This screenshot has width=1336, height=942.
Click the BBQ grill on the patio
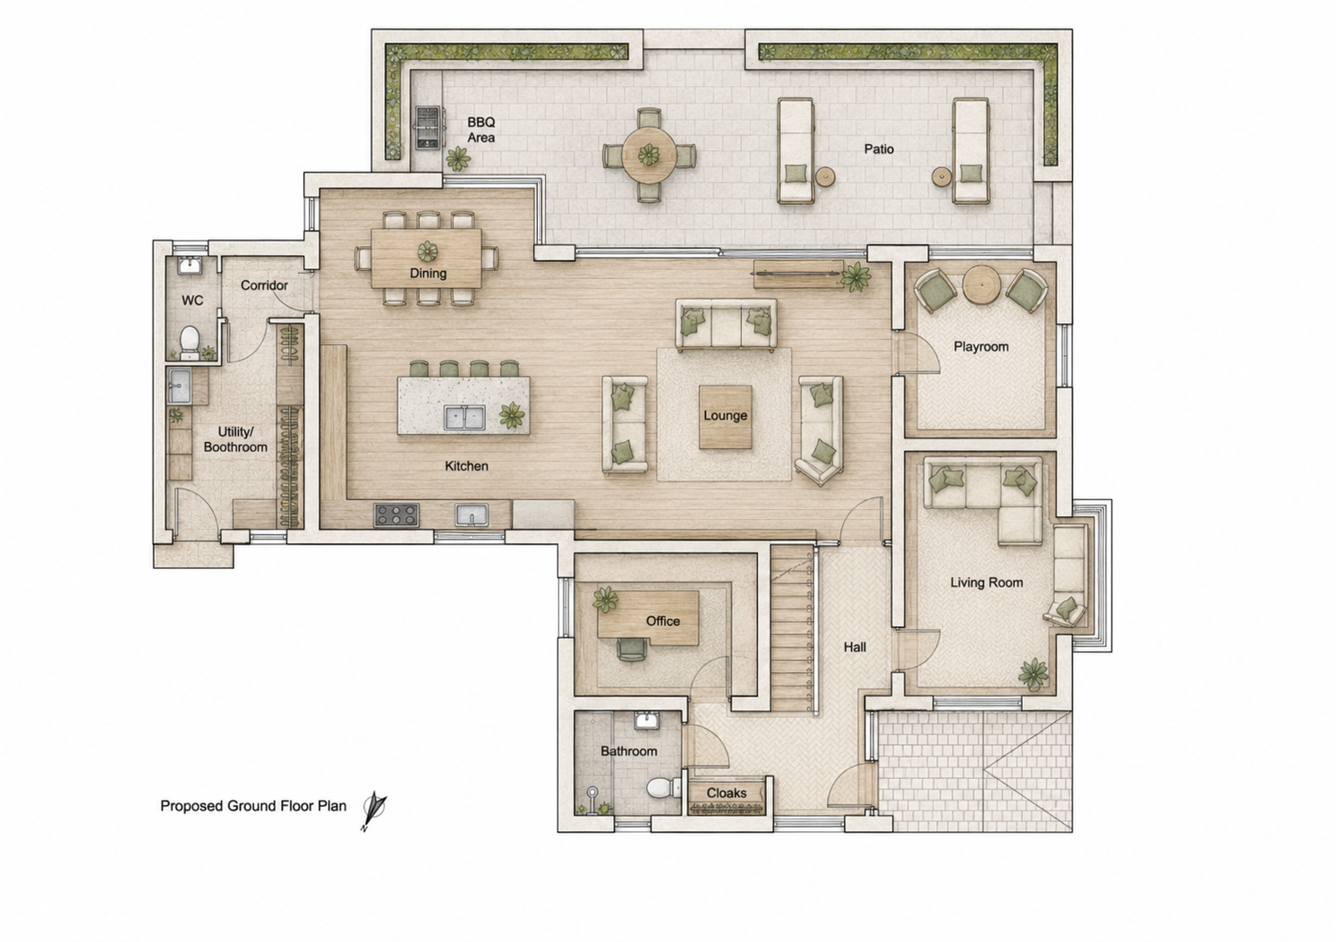coord(427,127)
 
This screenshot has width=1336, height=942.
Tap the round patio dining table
coord(649,156)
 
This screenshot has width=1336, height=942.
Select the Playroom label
coord(981,346)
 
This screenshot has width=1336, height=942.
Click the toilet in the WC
coord(190,343)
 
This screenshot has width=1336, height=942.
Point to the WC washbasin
coord(191,265)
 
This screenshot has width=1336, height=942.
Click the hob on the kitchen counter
coord(396,515)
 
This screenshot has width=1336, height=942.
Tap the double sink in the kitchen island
coord(464,417)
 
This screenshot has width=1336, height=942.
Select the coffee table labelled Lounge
coord(725,417)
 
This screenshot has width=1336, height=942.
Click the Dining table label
coord(428,273)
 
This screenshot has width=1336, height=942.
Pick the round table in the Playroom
coord(981,285)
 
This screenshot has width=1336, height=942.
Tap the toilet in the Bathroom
coord(663,787)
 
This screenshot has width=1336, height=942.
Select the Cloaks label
coord(727,793)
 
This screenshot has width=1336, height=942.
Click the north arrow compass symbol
coord(374,810)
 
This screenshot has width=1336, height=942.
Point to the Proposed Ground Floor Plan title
coord(253,806)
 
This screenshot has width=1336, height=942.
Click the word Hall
coord(855,647)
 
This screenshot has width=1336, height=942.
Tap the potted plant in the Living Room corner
coord(1034,674)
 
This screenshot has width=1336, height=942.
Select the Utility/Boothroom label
coord(235,439)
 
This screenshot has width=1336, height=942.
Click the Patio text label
coord(879,149)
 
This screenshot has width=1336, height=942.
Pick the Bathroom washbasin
coord(647,720)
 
